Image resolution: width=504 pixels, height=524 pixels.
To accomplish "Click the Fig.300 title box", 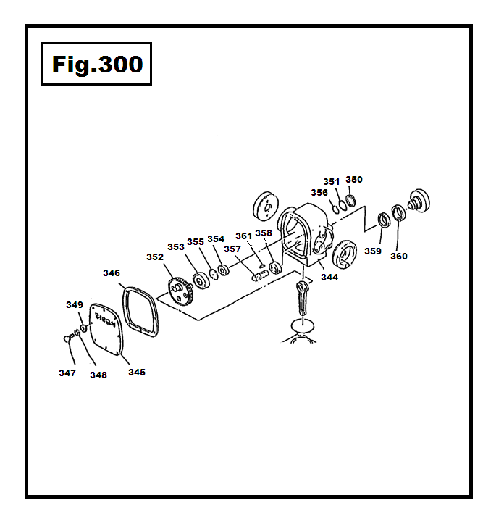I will [96, 65].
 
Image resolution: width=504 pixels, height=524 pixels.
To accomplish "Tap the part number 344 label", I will [329, 277].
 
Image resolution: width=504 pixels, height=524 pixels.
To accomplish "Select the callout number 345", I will [136, 372].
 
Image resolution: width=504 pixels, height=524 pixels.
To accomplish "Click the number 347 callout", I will [67, 373].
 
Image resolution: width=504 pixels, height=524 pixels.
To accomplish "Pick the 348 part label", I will [98, 375].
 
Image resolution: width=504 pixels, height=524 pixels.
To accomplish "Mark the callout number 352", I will [155, 257].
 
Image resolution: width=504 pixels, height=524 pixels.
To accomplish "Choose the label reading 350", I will [354, 179].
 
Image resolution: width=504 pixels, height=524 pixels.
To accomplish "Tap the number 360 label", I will [399, 256].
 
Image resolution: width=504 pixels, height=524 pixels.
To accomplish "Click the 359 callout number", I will [373, 251].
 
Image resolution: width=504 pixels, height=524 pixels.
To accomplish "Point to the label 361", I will [243, 235].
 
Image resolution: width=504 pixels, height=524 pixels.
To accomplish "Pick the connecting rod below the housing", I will [302, 297].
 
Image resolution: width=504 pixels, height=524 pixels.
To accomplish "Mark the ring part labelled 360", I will [398, 214].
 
